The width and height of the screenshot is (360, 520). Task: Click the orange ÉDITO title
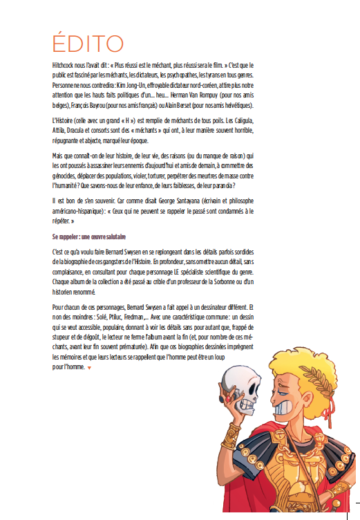88,42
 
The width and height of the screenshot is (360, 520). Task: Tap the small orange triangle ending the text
89,368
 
